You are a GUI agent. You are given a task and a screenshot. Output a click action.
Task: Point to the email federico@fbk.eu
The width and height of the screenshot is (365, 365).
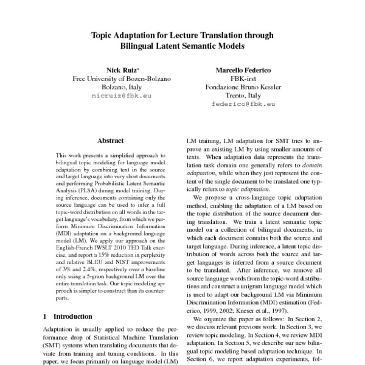[x=243, y=105]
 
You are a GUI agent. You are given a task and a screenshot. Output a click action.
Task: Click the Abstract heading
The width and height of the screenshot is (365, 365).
[x=111, y=140]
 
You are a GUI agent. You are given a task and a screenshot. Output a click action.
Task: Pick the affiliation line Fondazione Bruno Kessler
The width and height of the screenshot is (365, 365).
[x=243, y=87]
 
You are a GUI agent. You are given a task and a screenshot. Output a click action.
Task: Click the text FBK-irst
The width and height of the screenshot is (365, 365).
[x=243, y=78]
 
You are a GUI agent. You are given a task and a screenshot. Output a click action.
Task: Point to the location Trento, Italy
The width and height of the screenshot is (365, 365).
[x=243, y=96]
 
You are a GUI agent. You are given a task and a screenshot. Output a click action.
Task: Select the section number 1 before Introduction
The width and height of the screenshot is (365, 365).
[x=45, y=317]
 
